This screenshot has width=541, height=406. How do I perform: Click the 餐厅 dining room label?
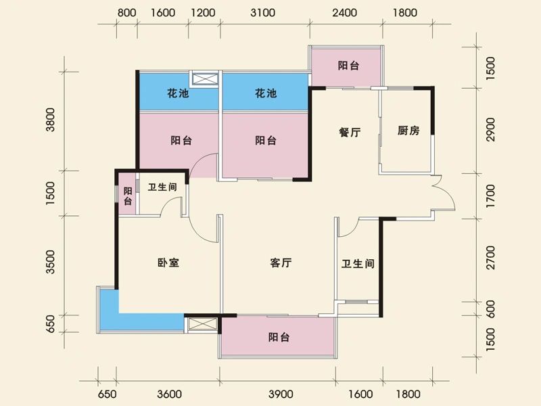(349, 133)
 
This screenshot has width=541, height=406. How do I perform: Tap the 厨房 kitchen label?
(408, 131)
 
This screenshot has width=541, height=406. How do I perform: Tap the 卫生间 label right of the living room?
(358, 264)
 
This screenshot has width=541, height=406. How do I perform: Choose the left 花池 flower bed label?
(178, 94)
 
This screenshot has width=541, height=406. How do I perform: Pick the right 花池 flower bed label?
(266, 94)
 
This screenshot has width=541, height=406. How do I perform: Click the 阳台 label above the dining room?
(348, 66)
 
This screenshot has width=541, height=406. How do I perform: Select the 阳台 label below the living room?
(279, 337)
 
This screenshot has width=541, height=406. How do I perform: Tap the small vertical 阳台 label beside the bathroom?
(128, 196)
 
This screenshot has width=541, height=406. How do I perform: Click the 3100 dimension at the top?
(262, 13)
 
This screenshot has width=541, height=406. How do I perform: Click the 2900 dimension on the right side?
(491, 129)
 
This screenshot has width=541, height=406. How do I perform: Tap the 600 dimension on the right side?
(491, 308)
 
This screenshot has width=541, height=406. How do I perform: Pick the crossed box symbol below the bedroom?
(201, 324)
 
